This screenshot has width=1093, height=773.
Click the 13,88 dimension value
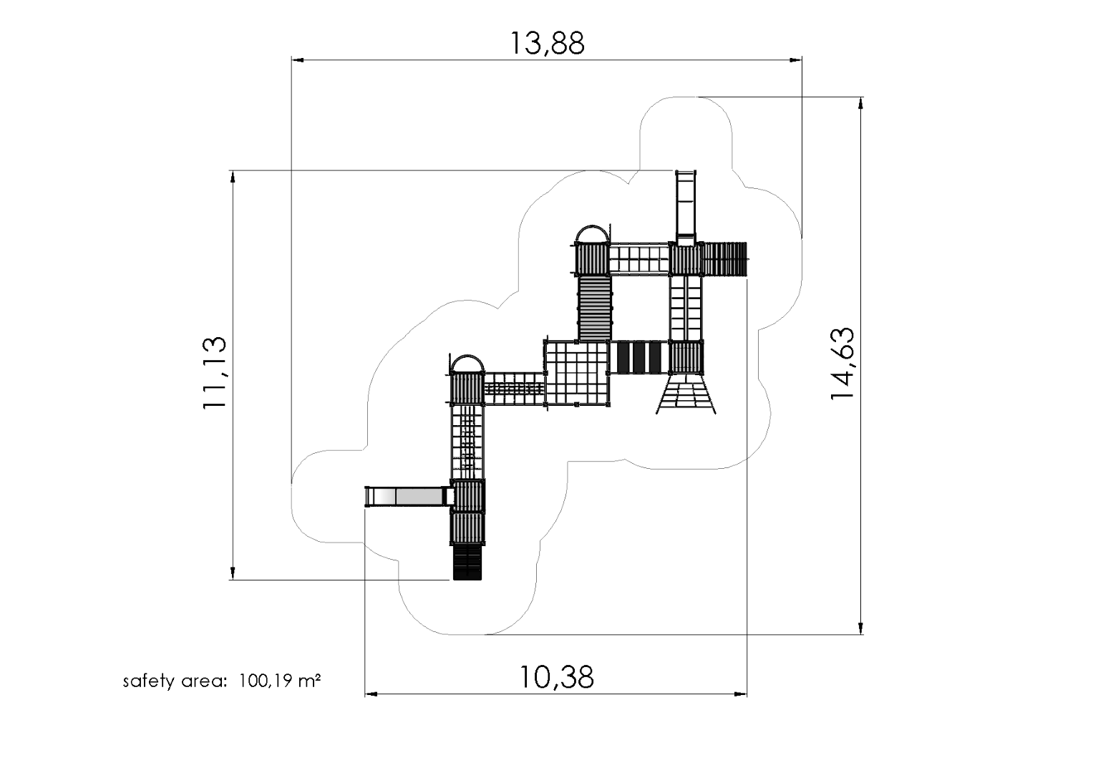(547, 43)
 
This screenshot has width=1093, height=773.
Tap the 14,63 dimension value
(842, 364)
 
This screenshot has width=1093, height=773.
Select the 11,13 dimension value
(215, 373)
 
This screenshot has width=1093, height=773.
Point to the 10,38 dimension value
(556, 677)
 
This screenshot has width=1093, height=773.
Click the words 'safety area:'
(175, 681)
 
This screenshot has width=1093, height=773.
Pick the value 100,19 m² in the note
(280, 681)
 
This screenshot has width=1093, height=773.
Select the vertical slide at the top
(686, 208)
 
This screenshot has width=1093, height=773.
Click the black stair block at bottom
(467, 562)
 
